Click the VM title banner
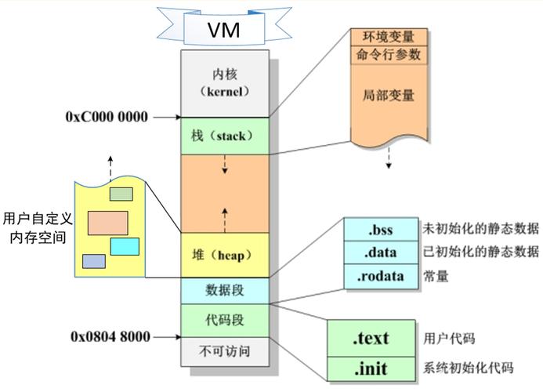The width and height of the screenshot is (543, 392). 223,30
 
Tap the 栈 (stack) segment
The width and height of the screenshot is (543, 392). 225,136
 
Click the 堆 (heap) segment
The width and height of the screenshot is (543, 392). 225,256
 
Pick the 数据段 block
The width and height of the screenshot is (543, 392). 225,290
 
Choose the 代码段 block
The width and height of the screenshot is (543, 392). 225,320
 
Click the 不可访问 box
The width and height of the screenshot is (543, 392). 225,350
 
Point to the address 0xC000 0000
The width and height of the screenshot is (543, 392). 107,117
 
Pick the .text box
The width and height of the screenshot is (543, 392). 370,339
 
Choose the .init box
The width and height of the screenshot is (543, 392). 370,368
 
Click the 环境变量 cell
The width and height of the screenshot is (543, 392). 389,37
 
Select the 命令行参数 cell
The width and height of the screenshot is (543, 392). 389,55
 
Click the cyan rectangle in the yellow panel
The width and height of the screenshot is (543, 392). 125,246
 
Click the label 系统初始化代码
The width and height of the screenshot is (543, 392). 469,368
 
